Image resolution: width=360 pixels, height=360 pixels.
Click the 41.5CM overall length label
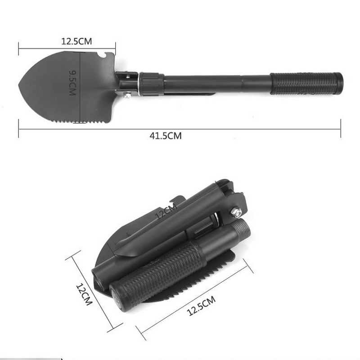(x=166, y=136)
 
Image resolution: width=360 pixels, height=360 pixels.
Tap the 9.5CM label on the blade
(x=72, y=83)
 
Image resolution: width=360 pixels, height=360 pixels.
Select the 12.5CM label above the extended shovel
(x=76, y=41)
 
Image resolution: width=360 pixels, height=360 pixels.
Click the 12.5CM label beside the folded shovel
(x=202, y=306)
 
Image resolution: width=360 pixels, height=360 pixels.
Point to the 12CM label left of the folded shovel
(x=84, y=294)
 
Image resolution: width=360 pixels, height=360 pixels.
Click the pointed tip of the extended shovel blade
(x=19, y=85)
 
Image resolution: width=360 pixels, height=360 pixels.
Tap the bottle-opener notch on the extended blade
(x=102, y=55)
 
